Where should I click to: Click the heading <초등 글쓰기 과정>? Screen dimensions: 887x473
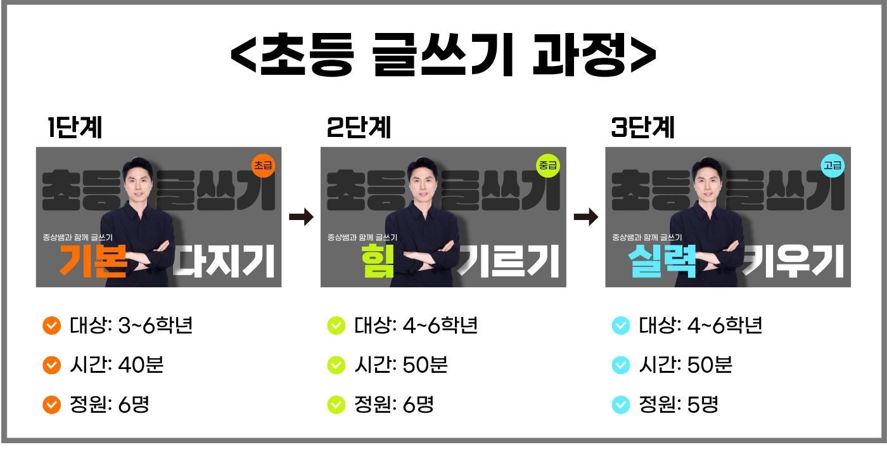coord(443,55)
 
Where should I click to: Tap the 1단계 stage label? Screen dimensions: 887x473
coord(75,127)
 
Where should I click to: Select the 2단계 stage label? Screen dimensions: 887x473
coord(359,127)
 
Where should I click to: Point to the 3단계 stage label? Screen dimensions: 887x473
coord(642,127)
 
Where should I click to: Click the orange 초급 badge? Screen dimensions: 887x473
coord(264,165)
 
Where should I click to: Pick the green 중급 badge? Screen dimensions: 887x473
coord(548,165)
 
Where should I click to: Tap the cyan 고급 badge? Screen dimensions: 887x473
coord(833,165)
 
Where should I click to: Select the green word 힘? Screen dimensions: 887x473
coord(378,261)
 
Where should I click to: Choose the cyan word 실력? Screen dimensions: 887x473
coord(662,261)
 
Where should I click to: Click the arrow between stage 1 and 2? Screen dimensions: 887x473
coord(302,217)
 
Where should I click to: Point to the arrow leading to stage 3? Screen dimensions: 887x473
coord(586,217)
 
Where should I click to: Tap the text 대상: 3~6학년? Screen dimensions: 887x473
coord(131,326)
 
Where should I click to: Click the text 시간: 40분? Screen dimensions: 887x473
coord(117,365)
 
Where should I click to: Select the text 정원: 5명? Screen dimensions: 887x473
coord(679,405)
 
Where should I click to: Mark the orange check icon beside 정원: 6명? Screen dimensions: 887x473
coord(51,405)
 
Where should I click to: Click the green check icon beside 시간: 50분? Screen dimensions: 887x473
coord(336,365)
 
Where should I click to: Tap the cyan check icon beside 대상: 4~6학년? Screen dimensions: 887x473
coord(620,326)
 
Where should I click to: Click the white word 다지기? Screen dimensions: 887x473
coord(224,261)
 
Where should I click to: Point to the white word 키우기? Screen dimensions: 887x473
coord(793,261)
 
